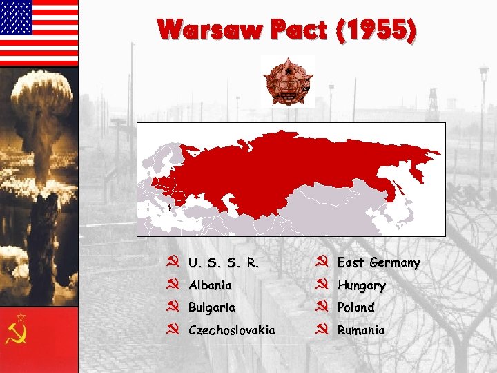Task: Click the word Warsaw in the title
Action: pyautogui.click(x=210, y=30)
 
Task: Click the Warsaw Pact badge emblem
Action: pyautogui.click(x=287, y=81)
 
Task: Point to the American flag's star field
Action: pyautogui.click(x=17, y=17)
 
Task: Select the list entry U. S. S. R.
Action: pyautogui.click(x=224, y=263)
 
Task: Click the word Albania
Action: pyautogui.click(x=210, y=285)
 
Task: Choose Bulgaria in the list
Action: pyautogui.click(x=212, y=307)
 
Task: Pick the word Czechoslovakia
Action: pyautogui.click(x=231, y=330)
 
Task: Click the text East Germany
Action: pyautogui.click(x=378, y=263)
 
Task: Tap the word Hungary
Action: pyautogui.click(x=361, y=285)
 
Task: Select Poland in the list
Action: pyautogui.click(x=355, y=307)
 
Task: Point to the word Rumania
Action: pyautogui.click(x=361, y=330)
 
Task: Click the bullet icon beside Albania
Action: pyautogui.click(x=174, y=285)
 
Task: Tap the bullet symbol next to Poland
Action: pyautogui.click(x=322, y=307)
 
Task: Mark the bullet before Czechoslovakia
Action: pyautogui.click(x=174, y=329)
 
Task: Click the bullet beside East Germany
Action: pyautogui.click(x=322, y=262)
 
